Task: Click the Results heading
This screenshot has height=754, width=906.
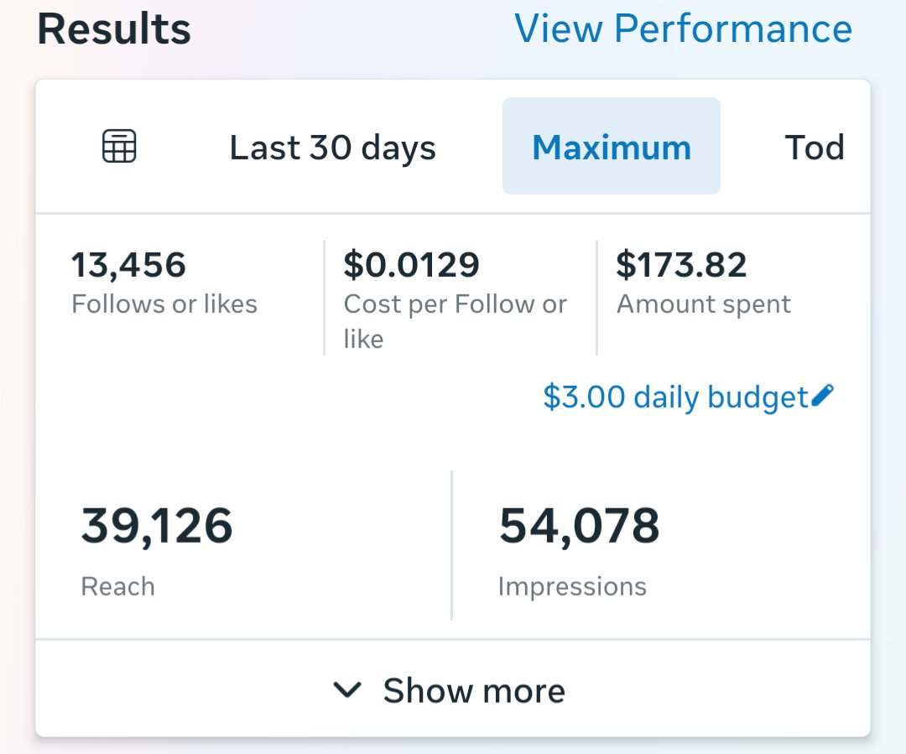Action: point(114,29)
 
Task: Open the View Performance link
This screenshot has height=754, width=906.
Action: point(683,29)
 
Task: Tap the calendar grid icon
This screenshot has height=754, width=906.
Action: point(119,146)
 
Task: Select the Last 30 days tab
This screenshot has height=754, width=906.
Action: point(332,148)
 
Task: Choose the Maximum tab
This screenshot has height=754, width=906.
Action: point(612,146)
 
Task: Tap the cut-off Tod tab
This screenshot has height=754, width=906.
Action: point(815,148)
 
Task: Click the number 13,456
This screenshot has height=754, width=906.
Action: point(128,265)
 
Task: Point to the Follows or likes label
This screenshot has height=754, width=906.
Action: point(164,304)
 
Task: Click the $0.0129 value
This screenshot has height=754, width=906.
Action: point(411,265)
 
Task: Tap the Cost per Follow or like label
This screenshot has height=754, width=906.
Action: point(456,320)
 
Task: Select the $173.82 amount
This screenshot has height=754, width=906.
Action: point(681,265)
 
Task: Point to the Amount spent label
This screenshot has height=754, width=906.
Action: point(704,304)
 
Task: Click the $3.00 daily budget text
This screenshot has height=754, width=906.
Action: point(674,397)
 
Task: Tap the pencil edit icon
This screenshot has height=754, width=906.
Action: point(822,395)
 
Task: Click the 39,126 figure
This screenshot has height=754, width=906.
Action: point(157,526)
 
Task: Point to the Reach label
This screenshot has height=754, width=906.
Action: point(118,586)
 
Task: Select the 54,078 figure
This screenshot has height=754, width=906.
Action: point(579,526)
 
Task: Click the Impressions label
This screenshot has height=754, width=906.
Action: point(572,587)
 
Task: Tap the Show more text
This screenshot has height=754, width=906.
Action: point(474,690)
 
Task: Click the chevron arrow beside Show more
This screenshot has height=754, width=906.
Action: point(347,689)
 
